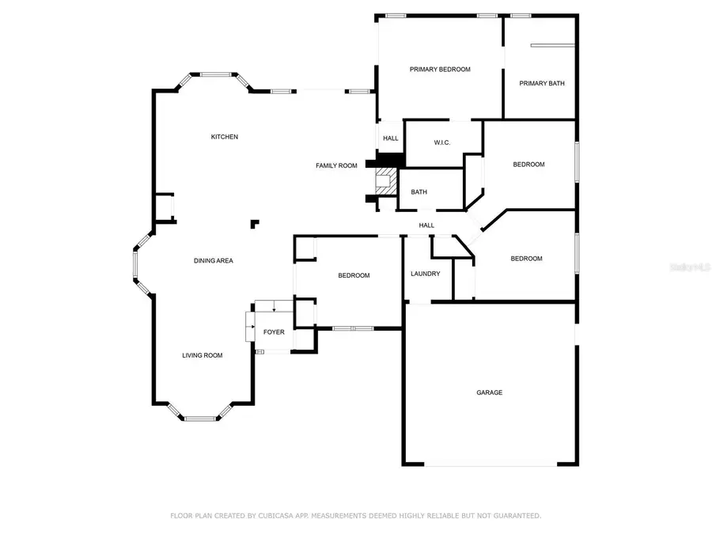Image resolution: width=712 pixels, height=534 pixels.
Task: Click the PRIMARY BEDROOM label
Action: (440, 70)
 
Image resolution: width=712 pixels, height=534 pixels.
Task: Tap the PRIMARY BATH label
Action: (542, 83)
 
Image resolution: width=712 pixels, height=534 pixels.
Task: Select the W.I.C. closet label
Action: (442, 143)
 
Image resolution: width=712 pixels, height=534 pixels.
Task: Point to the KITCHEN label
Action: (224, 137)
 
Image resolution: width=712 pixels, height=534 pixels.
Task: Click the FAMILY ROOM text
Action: (336, 165)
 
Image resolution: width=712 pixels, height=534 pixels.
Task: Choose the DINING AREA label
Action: (214, 260)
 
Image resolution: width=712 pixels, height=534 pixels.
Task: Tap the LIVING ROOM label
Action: (203, 355)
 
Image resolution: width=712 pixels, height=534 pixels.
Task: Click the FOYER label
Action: (274, 332)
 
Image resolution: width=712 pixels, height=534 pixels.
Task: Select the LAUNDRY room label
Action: (426, 274)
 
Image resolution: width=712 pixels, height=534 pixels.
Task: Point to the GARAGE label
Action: (489, 392)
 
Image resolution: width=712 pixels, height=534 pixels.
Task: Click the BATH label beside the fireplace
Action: (419, 192)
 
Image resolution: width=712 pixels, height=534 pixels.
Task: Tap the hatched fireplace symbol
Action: (385, 180)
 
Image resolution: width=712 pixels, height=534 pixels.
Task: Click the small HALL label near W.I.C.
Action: (391, 138)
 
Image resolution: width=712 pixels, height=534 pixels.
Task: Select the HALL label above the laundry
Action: (426, 225)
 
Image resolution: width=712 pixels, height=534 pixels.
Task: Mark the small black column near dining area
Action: (254, 224)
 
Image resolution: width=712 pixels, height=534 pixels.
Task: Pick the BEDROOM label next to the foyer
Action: (354, 275)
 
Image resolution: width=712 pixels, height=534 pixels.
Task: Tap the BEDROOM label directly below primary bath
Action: (528, 165)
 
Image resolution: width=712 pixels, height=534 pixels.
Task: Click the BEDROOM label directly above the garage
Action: (526, 259)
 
